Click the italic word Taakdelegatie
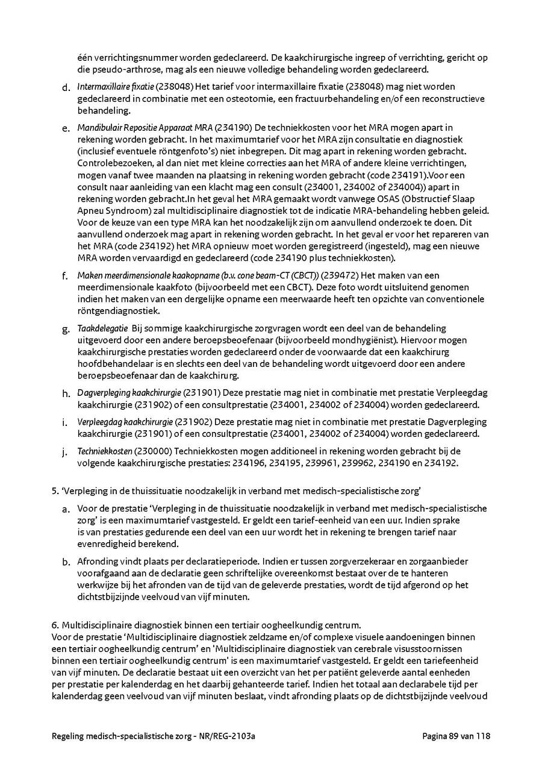102,328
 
